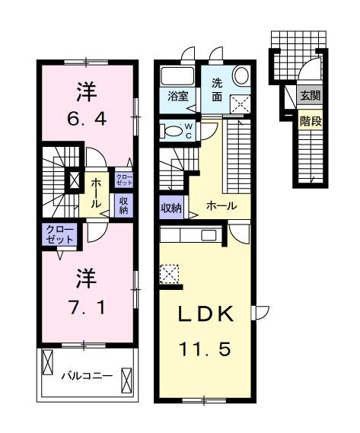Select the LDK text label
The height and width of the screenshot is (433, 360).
(x=204, y=315)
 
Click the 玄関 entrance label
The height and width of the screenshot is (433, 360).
(x=310, y=96)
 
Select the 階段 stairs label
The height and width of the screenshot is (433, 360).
(x=310, y=119)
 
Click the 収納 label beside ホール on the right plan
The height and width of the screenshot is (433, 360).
(x=170, y=206)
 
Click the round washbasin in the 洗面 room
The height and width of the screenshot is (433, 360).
(x=241, y=75)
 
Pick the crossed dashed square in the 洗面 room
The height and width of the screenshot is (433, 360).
(x=241, y=105)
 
